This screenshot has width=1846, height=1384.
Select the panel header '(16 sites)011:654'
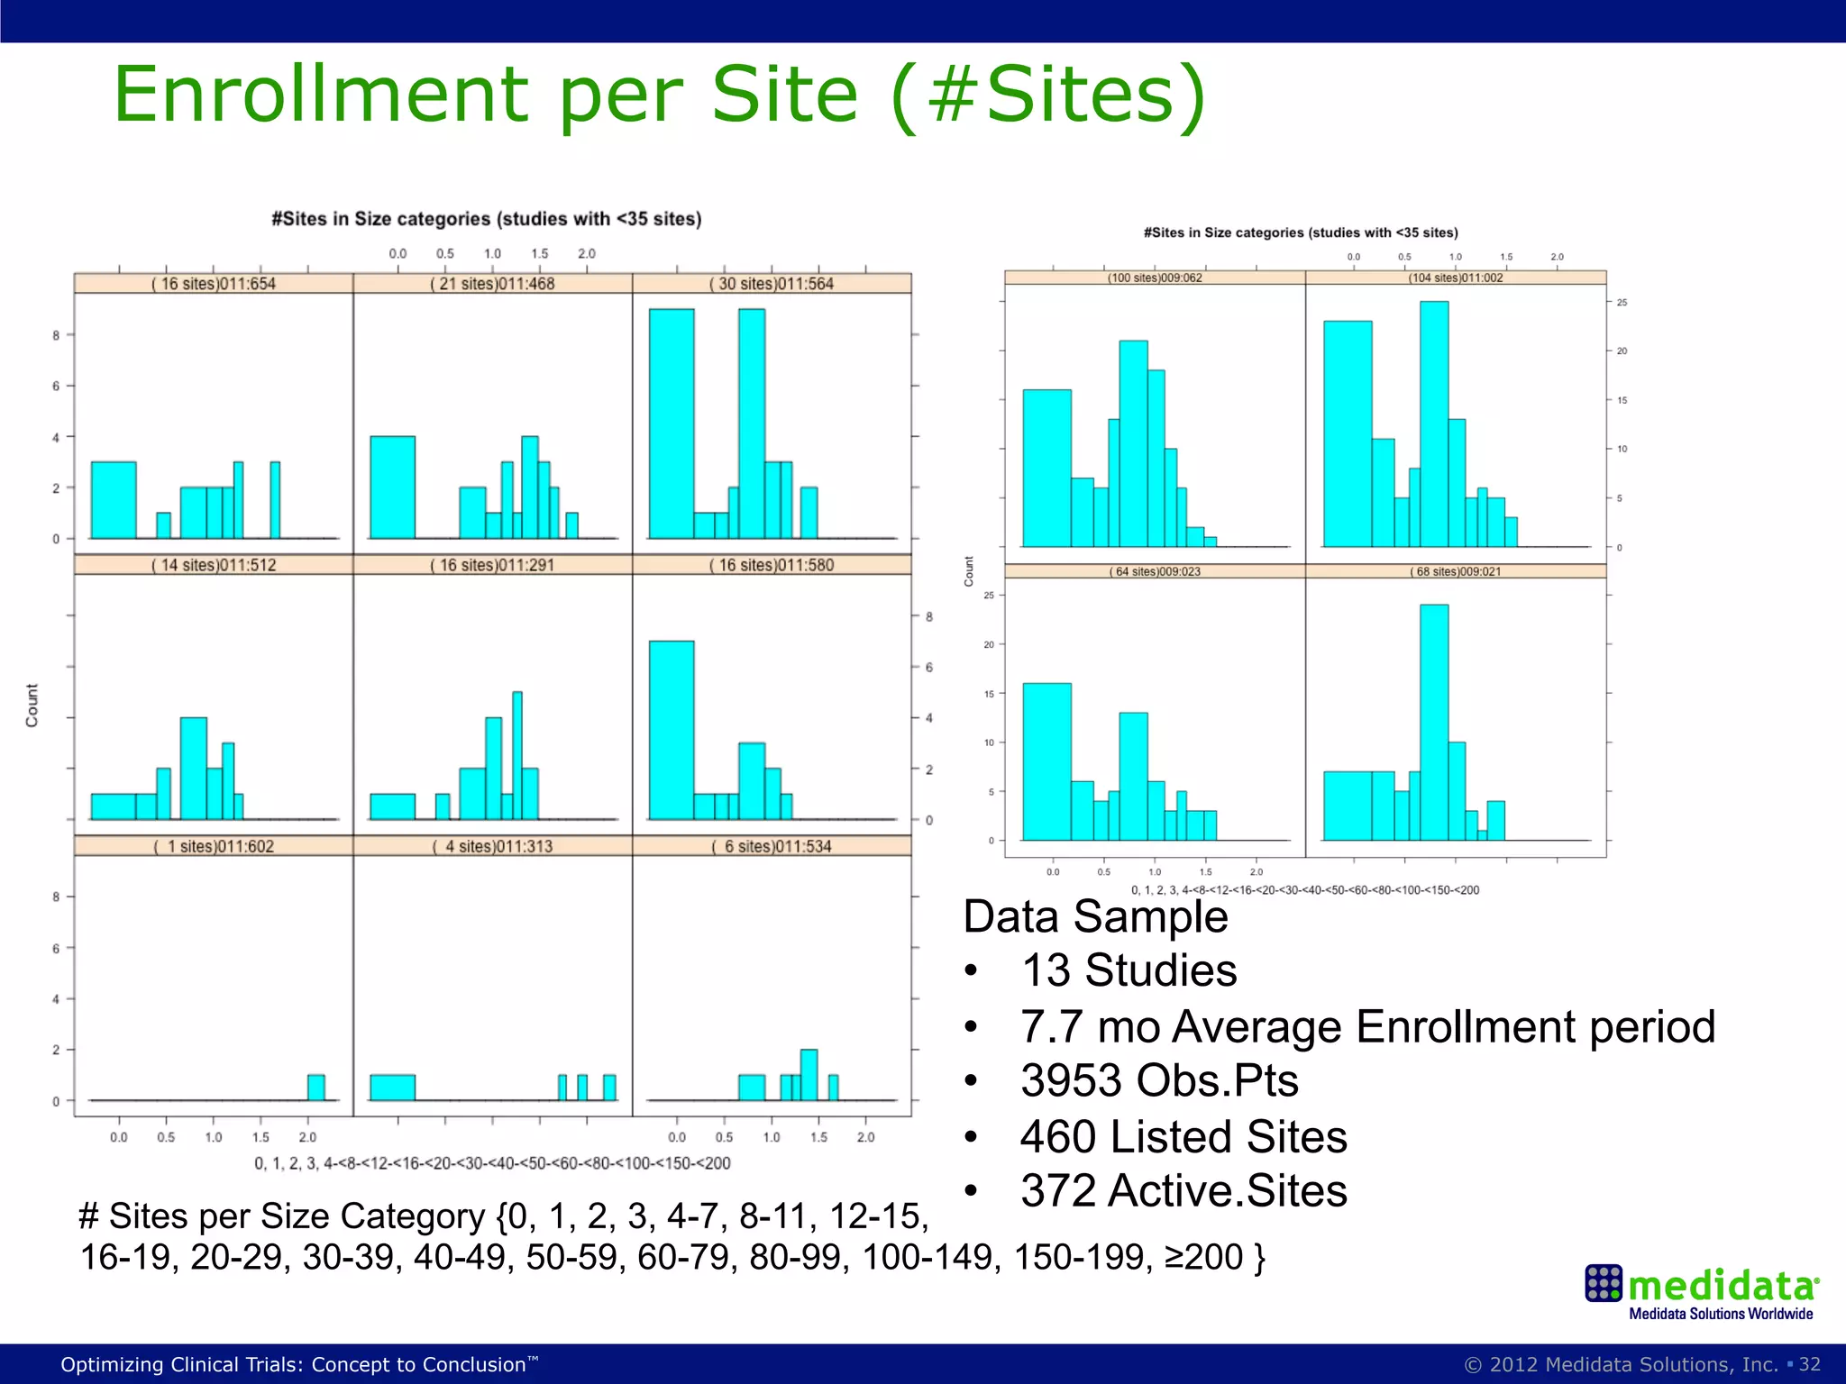[214, 284]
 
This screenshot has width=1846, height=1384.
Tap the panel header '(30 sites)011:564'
[772, 284]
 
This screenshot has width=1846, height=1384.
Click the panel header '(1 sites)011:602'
[214, 846]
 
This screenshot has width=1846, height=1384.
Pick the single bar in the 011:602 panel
[315, 1088]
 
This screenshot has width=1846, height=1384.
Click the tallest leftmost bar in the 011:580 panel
[672, 730]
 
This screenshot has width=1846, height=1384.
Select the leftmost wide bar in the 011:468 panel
[393, 487]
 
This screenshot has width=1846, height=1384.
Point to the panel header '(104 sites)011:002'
[1456, 278]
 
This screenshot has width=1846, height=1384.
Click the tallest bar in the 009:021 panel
[1434, 721]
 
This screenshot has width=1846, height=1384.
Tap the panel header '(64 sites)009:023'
[1155, 571]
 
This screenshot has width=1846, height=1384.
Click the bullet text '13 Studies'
[1129, 970]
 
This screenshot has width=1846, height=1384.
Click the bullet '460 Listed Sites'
[1183, 1136]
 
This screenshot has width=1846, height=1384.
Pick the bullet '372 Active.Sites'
[1183, 1190]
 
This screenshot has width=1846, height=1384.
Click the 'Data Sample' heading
[1095, 916]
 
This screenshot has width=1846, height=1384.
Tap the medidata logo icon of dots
[1603, 1283]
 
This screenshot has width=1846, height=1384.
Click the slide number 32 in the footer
[1810, 1364]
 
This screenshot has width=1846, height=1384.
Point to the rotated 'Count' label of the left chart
[32, 705]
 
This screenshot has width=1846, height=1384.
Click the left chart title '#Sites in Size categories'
[487, 219]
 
